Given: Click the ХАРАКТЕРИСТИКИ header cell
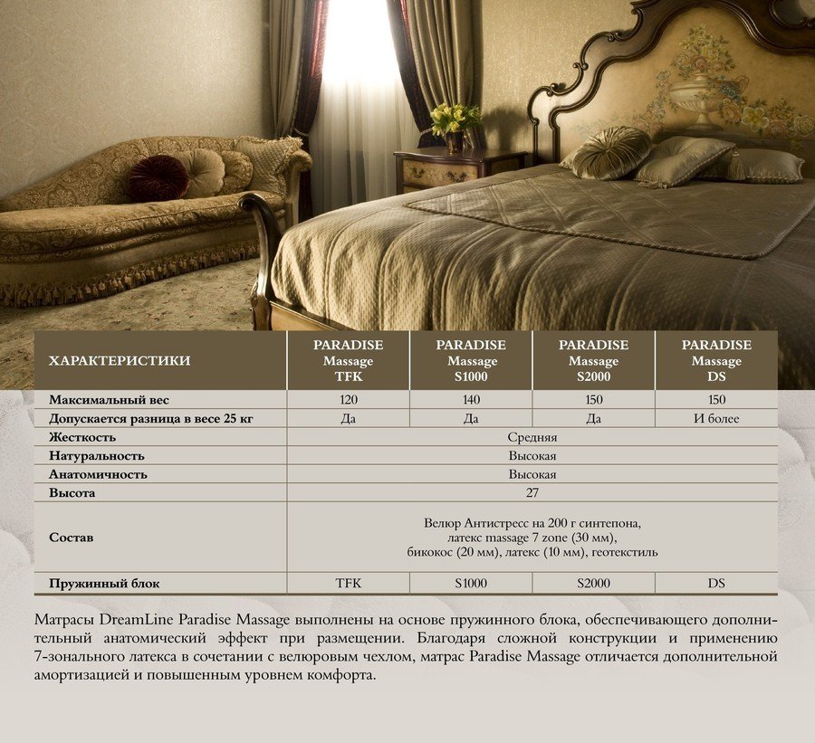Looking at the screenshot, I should (x=119, y=361).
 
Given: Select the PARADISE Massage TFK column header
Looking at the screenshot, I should (x=348, y=361).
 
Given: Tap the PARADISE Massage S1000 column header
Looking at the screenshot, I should (x=471, y=361).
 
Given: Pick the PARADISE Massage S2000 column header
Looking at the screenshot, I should (x=593, y=361).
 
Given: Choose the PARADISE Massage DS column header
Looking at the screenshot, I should (x=716, y=361).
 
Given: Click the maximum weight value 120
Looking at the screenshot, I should (x=348, y=399).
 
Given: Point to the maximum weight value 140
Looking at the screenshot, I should (x=471, y=399).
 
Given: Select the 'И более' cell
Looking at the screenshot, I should (x=716, y=418).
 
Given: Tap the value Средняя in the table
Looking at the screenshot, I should (x=532, y=437).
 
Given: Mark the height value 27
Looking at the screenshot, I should (x=532, y=493).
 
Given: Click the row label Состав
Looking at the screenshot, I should (x=71, y=538).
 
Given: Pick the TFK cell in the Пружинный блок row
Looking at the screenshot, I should (x=348, y=584).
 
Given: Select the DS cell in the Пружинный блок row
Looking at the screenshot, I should (x=716, y=584).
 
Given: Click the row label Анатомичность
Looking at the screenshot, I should (x=98, y=474).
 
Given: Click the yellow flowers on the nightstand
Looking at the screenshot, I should (x=455, y=119).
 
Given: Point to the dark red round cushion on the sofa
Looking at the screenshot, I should (x=158, y=178).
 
